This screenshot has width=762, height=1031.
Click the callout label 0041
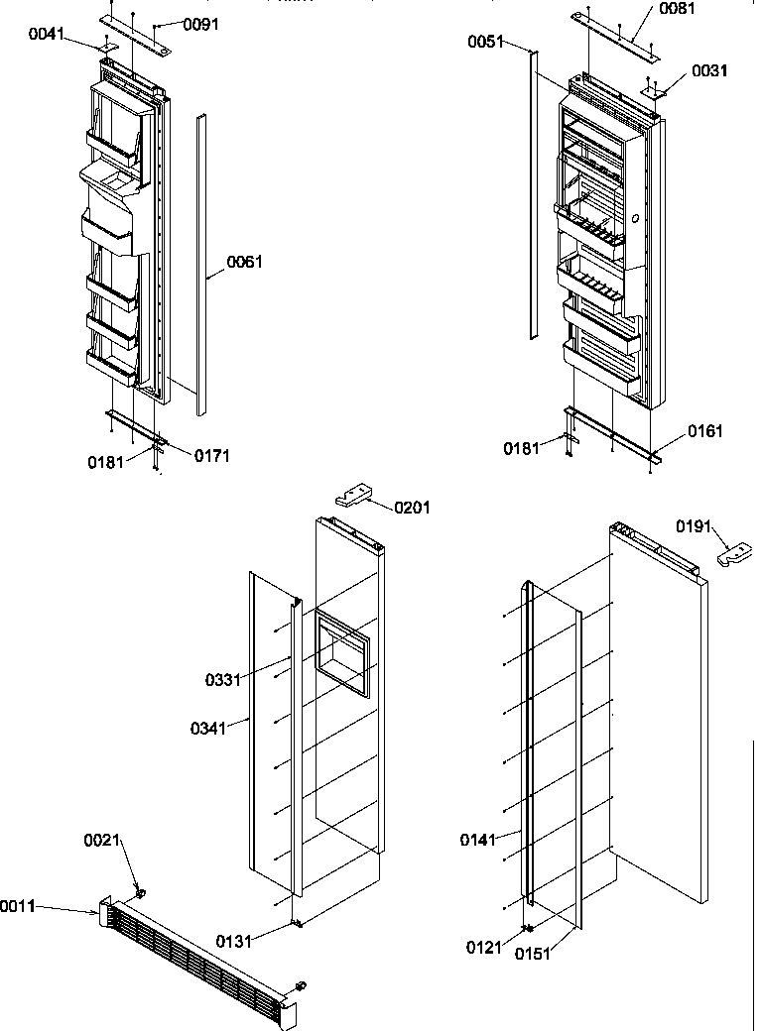coord(47,35)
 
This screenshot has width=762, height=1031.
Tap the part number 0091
coord(202,24)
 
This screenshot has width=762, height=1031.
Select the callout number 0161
coord(705,431)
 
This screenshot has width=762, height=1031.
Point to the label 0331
coord(223,680)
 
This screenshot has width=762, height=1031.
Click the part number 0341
coord(209,729)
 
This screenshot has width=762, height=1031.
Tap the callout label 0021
coord(101,841)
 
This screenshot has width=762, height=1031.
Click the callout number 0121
coord(484,947)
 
